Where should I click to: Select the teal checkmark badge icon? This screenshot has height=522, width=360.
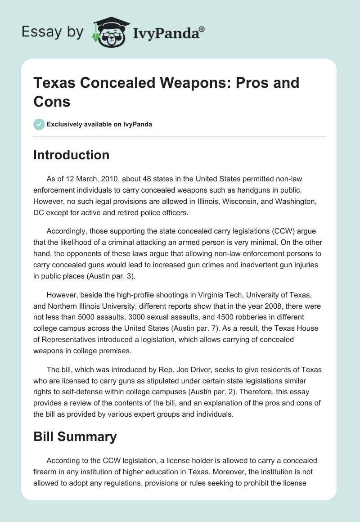pyautogui.click(x=39, y=124)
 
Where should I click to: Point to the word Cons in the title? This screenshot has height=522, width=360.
pyautogui.click(x=52, y=101)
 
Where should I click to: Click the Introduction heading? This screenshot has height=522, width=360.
pyautogui.click(x=72, y=155)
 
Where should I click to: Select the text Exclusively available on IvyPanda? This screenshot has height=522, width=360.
pyautogui.click(x=99, y=125)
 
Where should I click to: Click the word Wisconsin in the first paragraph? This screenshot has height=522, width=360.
pyautogui.click(x=238, y=189)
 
